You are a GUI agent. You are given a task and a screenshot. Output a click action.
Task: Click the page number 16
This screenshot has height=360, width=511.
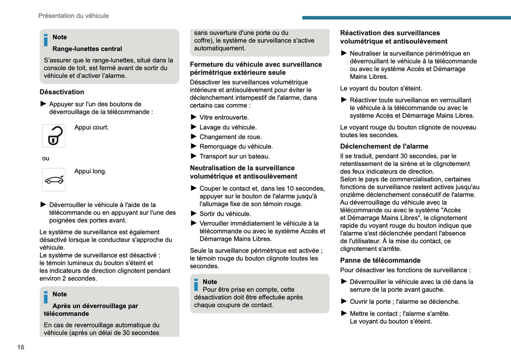pos(21,347)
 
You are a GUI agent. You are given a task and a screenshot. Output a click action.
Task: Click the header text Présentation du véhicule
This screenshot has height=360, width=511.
pos(74,16)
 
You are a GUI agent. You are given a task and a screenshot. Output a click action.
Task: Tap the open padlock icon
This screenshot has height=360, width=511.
pos(54,136)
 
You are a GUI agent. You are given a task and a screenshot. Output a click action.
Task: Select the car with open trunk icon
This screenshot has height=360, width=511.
pos(54,180)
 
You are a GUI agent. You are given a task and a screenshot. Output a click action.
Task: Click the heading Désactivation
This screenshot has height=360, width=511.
pos(62,92)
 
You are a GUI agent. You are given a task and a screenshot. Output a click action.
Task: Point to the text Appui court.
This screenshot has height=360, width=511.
pos(91,127)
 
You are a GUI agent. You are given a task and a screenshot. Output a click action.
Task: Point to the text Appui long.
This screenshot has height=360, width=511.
pos(90,171)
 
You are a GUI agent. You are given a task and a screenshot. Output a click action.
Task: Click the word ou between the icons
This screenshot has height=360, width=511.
pos(46,158)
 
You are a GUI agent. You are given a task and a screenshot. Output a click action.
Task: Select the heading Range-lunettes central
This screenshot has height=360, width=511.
pos(87,49)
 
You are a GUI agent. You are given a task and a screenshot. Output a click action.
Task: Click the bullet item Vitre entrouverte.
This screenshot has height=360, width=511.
pos(224,117)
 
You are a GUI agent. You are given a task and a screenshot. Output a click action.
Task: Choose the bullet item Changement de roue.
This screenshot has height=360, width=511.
pos(231,137)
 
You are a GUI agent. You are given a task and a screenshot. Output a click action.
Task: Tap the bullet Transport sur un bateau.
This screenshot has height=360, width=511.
pos(234,156)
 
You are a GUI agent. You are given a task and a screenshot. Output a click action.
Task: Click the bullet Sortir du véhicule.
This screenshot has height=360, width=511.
pos(225,214)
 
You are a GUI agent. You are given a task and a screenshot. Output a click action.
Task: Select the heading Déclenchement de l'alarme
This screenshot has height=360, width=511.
pos(384,146)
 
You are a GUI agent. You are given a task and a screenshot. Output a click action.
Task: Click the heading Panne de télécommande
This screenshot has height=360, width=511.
pos(380,260)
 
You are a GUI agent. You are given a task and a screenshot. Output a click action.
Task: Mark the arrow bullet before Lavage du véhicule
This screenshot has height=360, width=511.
pos(193,127)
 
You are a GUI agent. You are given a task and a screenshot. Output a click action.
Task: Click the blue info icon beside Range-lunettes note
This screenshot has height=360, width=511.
pos(46,40)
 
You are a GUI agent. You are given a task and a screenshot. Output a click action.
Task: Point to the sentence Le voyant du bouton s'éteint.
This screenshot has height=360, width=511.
pos(381,88)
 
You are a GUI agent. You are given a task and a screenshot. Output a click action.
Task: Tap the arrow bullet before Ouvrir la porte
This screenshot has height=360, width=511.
pos(344,301)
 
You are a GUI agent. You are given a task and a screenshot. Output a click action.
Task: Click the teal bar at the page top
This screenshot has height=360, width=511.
pos(406,18)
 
